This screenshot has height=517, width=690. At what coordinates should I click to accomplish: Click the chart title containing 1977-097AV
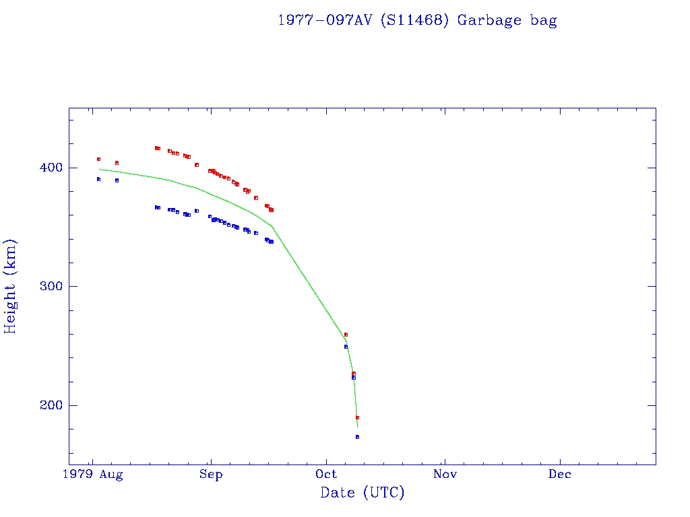click(x=417, y=20)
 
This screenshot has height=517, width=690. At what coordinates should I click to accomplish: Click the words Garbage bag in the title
click(x=507, y=20)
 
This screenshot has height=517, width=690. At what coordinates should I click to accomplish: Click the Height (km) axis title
click(x=11, y=286)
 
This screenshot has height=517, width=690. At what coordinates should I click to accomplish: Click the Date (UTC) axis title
click(x=363, y=493)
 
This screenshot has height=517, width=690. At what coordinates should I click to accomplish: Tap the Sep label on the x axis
click(x=211, y=475)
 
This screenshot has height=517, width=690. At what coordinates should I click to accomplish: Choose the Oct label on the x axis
click(x=327, y=475)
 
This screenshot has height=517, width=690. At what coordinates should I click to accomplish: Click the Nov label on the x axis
click(x=445, y=475)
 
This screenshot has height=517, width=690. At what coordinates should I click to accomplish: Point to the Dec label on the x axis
click(x=560, y=475)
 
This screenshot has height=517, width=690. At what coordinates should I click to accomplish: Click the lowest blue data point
click(x=357, y=437)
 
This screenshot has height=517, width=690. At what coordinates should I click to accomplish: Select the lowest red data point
click(x=357, y=417)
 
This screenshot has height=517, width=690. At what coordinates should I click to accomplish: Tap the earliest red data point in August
click(x=98, y=160)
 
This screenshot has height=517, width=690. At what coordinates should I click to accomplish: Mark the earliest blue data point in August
click(x=98, y=179)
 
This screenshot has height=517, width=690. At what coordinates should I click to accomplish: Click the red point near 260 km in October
click(x=346, y=335)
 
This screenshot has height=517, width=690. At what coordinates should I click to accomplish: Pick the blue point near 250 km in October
click(x=346, y=347)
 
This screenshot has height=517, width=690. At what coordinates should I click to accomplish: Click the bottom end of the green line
click(x=357, y=427)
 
